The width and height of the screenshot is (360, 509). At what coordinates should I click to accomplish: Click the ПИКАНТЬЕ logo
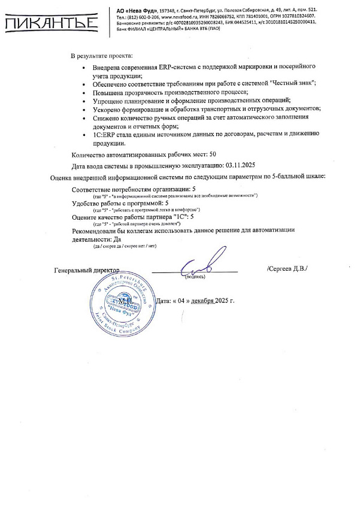(50, 23)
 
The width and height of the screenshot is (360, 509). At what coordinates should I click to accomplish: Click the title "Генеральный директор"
(87, 270)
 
